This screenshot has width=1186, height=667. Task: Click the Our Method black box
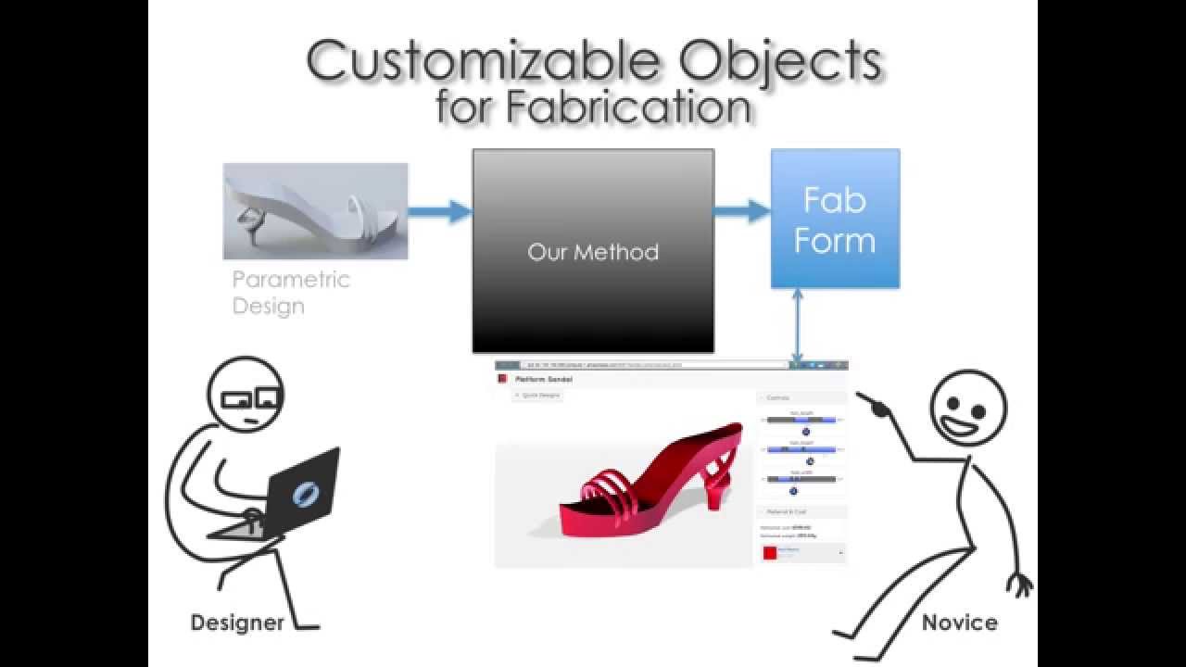coord(593,251)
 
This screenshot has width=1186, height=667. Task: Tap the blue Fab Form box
coord(835,220)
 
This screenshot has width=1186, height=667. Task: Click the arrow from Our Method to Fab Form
coord(742,211)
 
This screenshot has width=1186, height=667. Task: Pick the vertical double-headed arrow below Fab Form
coord(796,324)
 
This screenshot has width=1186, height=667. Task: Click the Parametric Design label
coord(290,292)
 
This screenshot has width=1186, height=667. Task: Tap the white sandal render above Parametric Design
coord(315,211)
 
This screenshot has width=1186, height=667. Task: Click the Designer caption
coord(237,623)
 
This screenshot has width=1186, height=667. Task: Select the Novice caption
coord(959,623)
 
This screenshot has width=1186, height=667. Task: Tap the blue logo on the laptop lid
coord(303,493)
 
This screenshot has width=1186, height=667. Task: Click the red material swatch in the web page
coord(769,553)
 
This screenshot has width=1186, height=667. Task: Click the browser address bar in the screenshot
coord(649,365)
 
